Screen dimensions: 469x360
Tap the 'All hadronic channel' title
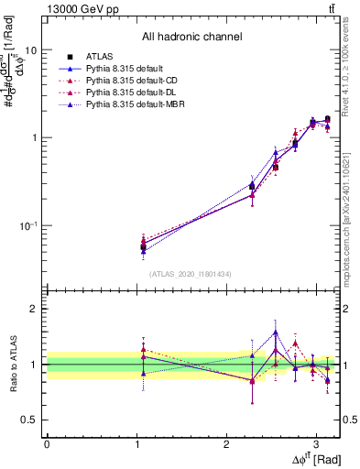click(191, 37)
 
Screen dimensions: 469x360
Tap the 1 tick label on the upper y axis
click(35, 138)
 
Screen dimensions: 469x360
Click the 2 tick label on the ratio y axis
click(35, 309)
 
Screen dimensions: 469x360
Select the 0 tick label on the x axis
click(47, 442)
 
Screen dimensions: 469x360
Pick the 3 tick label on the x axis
click(316, 442)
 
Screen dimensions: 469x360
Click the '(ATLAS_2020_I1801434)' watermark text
click(191, 274)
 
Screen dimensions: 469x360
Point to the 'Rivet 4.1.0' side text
click(349, 73)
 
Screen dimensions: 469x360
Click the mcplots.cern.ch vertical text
click(349, 220)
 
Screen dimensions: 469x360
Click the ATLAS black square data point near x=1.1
click(143, 246)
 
